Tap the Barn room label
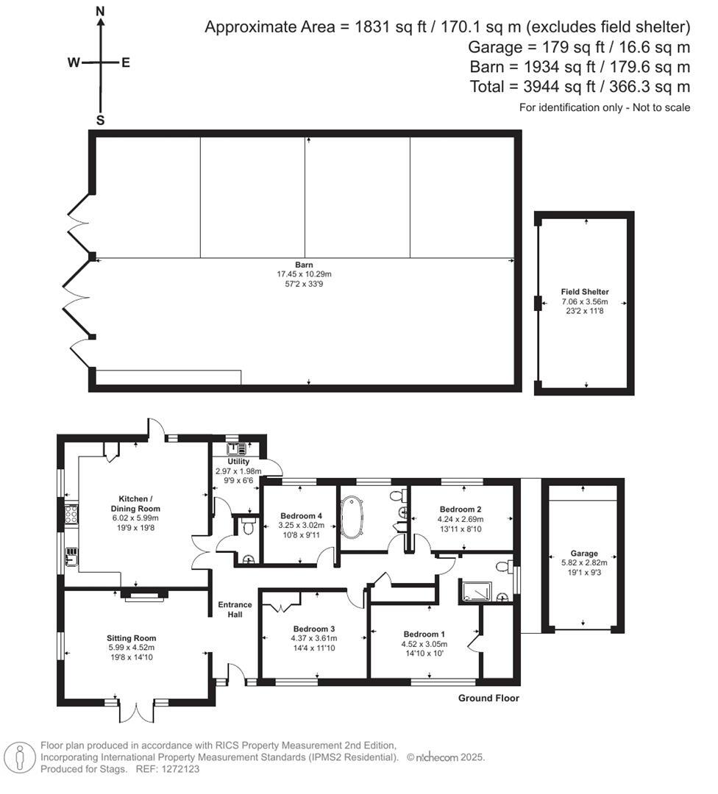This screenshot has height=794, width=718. tap(304, 264)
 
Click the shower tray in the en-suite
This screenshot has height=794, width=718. tap(474, 591)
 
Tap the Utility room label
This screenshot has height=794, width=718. tap(228, 462)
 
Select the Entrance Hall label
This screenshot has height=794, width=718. tap(235, 609)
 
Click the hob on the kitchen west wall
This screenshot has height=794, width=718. tap(72, 514)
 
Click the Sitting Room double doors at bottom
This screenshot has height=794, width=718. tap(136, 710)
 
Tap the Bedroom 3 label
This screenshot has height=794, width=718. tap(314, 629)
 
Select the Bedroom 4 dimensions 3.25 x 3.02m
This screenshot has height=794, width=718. tap(299, 525)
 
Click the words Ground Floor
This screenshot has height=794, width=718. tap(488, 698)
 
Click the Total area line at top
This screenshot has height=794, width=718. tap(580, 87)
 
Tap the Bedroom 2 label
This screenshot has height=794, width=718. tap(461, 509)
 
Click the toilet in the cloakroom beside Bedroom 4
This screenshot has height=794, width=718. tap(248, 525)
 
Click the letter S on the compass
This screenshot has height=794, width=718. tap(101, 120)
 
